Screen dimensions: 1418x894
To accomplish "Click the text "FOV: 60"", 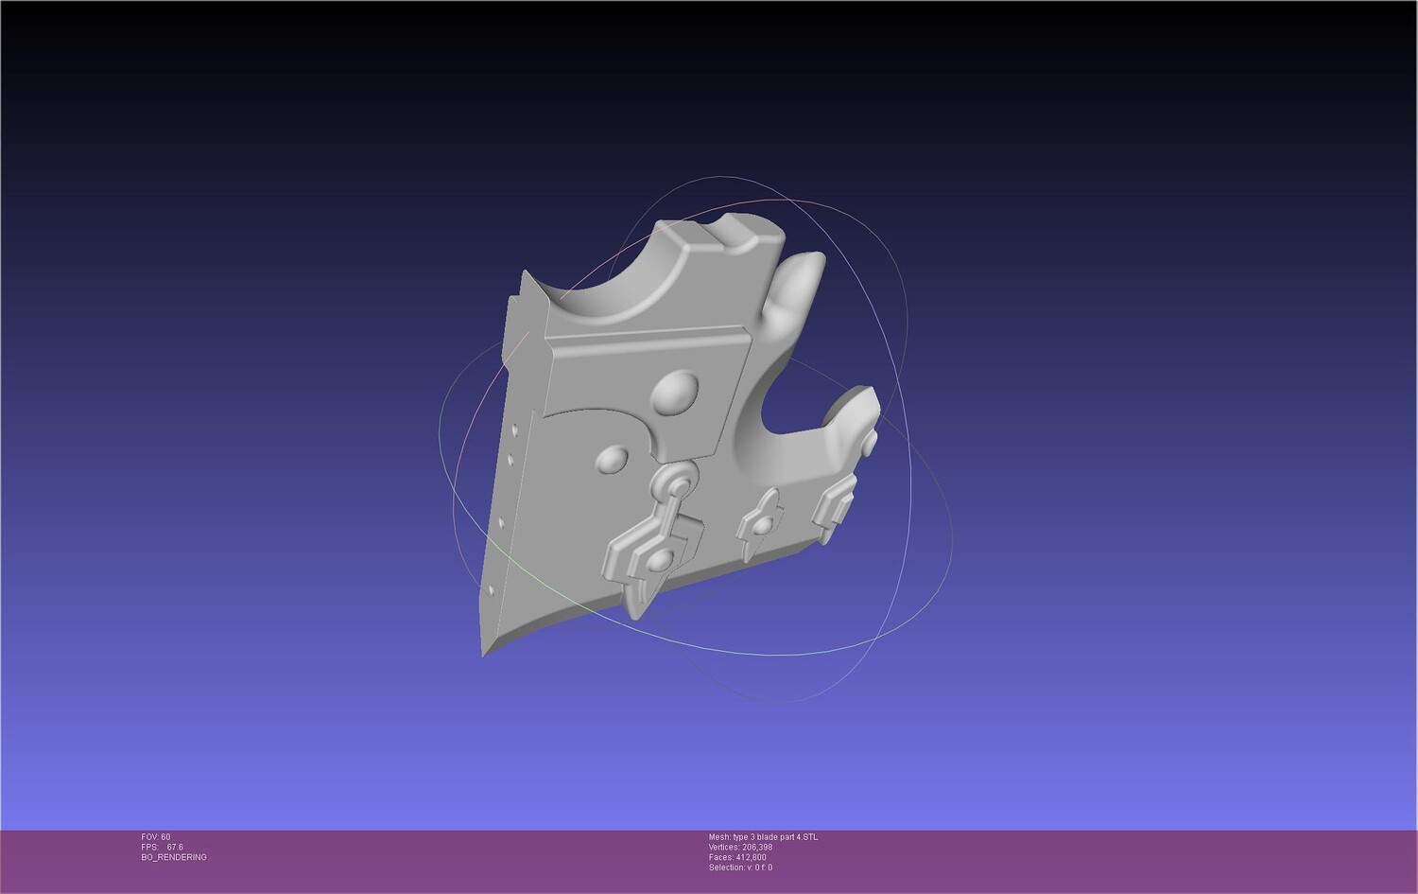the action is (156, 837).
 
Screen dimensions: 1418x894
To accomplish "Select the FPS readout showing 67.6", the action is (162, 847).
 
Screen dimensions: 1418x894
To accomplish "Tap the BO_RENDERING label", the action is (174, 857).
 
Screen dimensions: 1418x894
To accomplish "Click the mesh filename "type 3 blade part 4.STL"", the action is (776, 837).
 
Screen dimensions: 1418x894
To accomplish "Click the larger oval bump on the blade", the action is (676, 393).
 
